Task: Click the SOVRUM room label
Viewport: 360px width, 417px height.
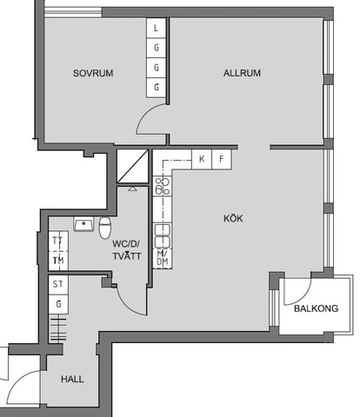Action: click(x=94, y=73)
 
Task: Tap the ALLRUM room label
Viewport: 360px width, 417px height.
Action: click(x=242, y=73)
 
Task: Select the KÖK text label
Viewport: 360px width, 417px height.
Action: click(x=232, y=219)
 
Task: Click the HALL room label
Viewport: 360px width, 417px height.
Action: click(x=72, y=379)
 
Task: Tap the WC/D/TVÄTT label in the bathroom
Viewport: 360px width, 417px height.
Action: click(x=126, y=250)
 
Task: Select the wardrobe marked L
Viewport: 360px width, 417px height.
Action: click(x=157, y=28)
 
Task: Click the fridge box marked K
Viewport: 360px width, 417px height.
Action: click(x=202, y=159)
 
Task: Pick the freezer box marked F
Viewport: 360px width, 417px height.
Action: click(x=222, y=159)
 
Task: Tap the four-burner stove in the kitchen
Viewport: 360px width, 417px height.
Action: click(x=161, y=184)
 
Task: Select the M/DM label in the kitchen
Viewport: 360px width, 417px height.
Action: click(x=162, y=257)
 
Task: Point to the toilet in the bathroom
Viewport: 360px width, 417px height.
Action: click(x=104, y=228)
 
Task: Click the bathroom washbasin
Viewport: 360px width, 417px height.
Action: click(x=84, y=225)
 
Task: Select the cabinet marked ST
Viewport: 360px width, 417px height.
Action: click(x=58, y=284)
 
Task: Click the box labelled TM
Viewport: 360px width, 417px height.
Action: click(x=58, y=260)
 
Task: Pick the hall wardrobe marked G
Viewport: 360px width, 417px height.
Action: click(x=58, y=303)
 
